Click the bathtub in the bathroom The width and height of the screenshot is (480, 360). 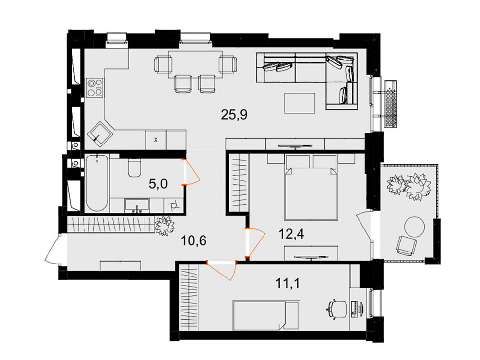[x=97, y=182]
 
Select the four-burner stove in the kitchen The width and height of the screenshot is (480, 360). [x=95, y=87]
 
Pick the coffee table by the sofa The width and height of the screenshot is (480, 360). [x=300, y=103]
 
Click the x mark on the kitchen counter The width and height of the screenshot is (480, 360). [x=155, y=140]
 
